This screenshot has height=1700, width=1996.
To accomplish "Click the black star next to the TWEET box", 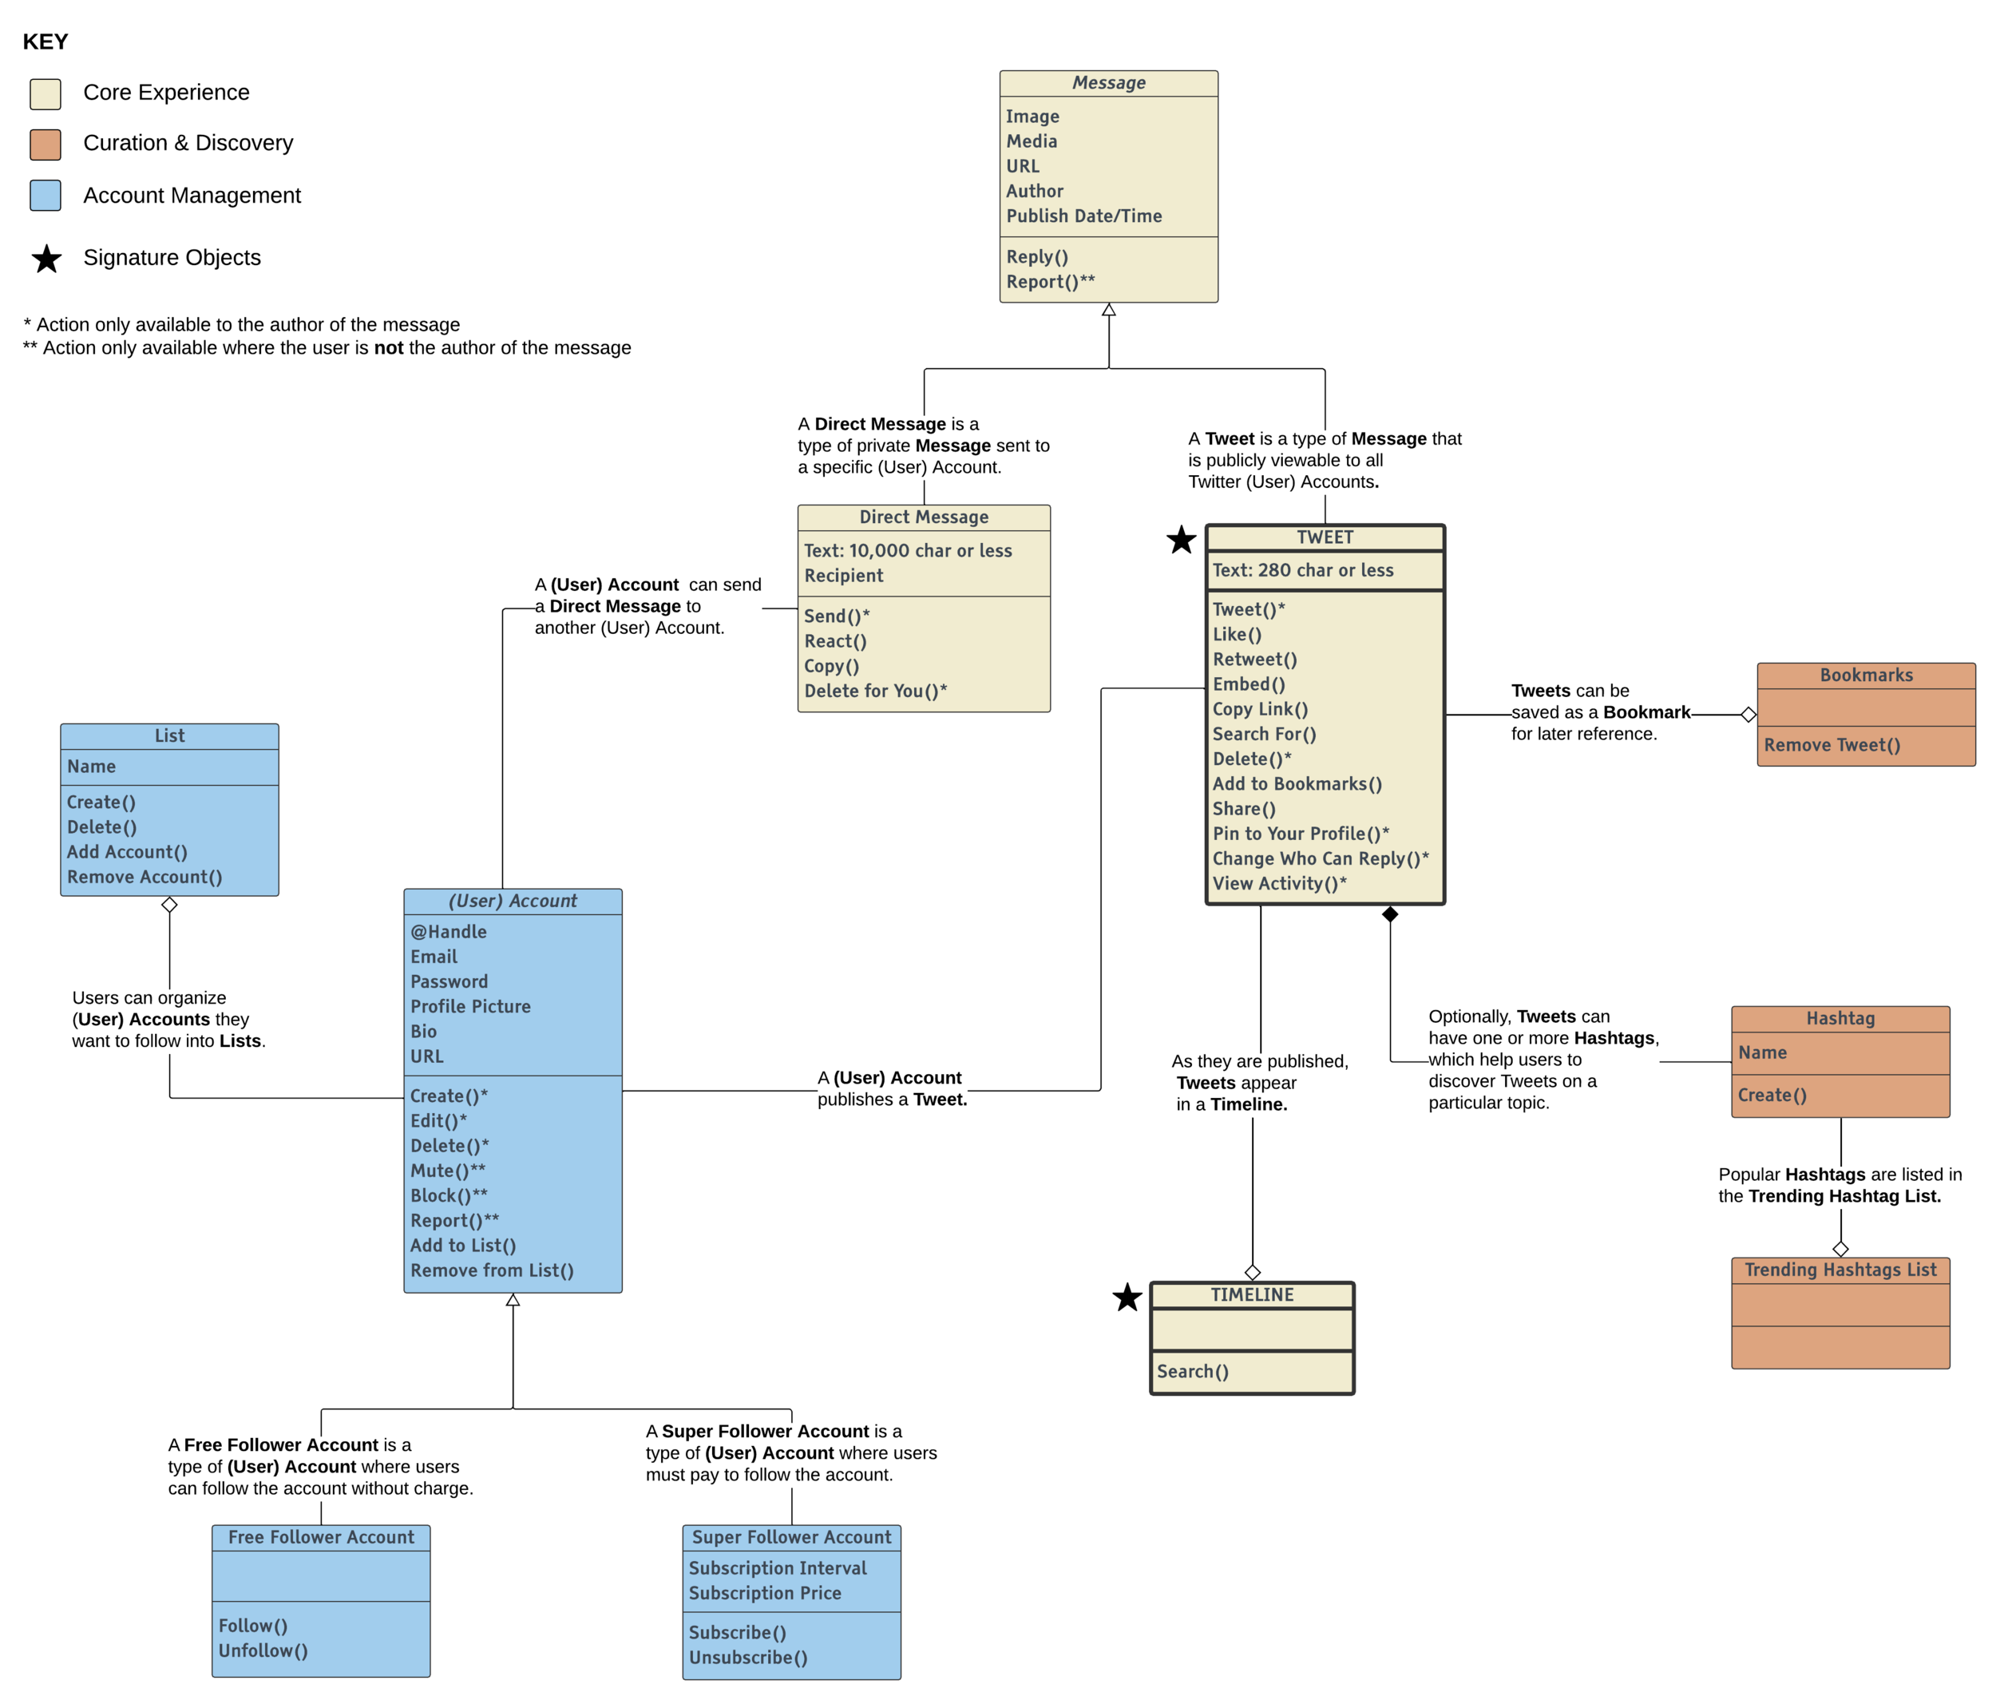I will [x=1180, y=541].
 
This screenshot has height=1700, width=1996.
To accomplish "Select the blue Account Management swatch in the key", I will [x=46, y=196].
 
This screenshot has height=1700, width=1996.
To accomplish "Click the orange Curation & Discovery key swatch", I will [x=46, y=145].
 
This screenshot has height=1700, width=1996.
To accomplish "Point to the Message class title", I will [x=1109, y=83].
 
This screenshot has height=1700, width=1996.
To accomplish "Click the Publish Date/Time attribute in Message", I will [x=1083, y=216].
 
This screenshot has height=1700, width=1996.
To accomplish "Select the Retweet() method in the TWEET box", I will [x=1254, y=659].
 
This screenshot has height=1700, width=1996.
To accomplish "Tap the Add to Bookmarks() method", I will [x=1297, y=783].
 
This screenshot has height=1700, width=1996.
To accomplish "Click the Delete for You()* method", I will [x=875, y=691].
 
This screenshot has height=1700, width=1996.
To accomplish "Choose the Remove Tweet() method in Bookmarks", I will [x=1832, y=744].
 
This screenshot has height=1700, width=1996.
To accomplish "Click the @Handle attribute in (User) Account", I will [x=448, y=931].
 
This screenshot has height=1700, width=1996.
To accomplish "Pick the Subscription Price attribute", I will [x=765, y=1593].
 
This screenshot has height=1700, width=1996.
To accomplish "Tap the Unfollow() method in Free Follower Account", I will [x=263, y=1650].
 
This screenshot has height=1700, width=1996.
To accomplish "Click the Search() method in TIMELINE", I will [x=1193, y=1370].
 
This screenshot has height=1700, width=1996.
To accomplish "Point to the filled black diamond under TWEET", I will [x=1389, y=914].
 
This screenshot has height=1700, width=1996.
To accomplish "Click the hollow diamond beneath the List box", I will [x=169, y=905].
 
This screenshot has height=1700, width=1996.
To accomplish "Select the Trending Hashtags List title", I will [x=1840, y=1270].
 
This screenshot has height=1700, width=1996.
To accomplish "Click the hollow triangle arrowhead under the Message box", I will [x=1109, y=310].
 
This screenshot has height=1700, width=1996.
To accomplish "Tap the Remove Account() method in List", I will [x=145, y=877].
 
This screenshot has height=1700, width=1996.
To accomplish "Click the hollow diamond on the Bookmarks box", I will [x=1748, y=715].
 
